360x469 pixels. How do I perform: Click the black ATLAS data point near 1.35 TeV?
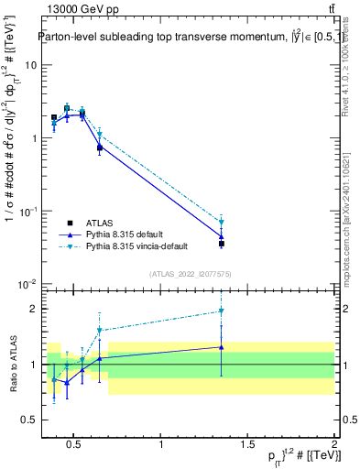click(222, 244)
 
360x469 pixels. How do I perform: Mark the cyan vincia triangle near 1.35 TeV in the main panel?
click(222, 222)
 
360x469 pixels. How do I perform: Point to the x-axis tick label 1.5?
click(247, 445)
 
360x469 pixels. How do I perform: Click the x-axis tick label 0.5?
click(75, 445)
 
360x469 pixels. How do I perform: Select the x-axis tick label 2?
click(333, 445)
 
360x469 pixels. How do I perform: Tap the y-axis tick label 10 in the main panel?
click(31, 65)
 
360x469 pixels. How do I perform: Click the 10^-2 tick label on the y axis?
click(29, 284)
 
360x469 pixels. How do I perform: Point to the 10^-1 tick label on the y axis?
click(29, 211)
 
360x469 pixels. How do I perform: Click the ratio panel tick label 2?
click(33, 309)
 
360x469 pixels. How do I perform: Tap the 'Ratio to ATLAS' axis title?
click(12, 364)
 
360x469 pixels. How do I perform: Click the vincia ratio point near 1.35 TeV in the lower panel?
click(222, 311)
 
